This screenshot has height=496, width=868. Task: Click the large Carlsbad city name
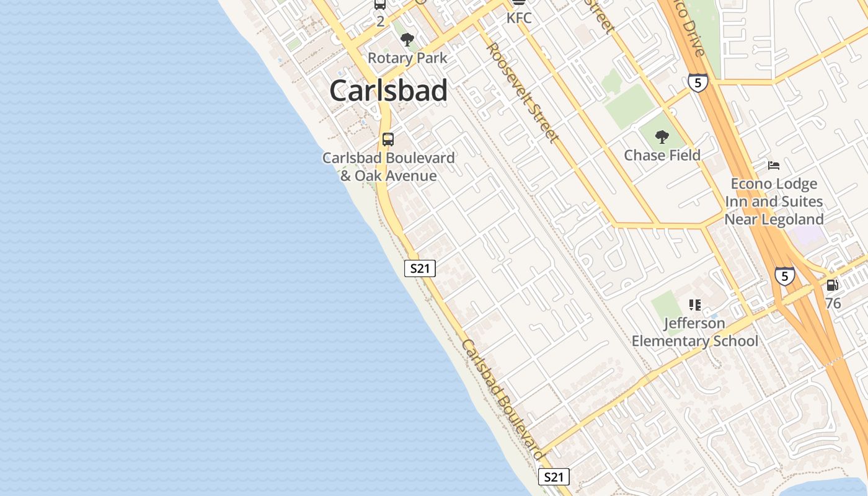pos(388,91)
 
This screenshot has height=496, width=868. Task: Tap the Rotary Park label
pos(407,58)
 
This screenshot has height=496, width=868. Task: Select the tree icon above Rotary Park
pos(407,40)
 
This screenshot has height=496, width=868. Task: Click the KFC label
pos(519,18)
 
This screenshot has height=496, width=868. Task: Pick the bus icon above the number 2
pos(380,4)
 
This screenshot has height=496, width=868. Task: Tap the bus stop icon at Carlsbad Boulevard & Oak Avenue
pos(388,139)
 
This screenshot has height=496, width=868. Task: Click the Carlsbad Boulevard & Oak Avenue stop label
pos(389,167)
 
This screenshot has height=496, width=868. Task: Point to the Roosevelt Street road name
pos(523,92)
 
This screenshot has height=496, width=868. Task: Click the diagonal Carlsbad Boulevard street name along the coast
pos(502,399)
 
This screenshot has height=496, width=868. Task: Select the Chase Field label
pos(662,155)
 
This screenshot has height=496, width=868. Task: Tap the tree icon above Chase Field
pos(662,137)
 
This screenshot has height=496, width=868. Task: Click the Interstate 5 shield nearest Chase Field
pos(697,82)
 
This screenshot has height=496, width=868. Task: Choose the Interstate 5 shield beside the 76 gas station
pos(784,275)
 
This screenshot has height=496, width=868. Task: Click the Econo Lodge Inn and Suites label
pos(774,201)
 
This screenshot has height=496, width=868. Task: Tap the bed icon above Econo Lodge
pos(774,166)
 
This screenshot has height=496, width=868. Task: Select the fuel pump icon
pos(832,285)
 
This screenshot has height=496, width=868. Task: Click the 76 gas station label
pos(833,303)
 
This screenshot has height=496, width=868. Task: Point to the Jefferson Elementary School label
pos(695,332)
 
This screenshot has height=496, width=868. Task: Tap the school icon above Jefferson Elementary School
pos(695,305)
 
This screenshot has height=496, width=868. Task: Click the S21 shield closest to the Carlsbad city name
pos(420,268)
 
